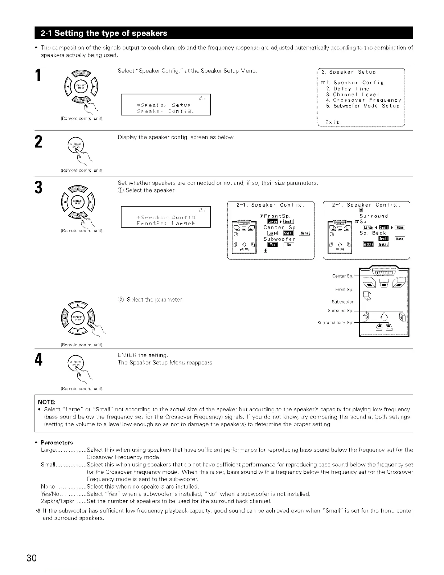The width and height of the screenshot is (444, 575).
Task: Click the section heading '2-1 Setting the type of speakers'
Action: pyautogui.click(x=104, y=33)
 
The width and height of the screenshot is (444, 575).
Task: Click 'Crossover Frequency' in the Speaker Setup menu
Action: pyautogui.click(x=367, y=100)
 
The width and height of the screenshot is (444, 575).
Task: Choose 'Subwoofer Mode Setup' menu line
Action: pyautogui.click(x=366, y=106)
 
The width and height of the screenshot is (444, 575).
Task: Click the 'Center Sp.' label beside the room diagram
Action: pyautogui.click(x=342, y=276)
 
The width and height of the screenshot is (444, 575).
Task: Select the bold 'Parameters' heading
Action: pyautogui.click(x=57, y=443)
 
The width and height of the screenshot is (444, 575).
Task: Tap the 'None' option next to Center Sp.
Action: pyautogui.click(x=305, y=233)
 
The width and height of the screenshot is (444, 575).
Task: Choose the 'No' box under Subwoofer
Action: pyautogui.click(x=289, y=245)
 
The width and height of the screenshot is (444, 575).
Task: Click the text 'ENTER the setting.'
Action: pyautogui.click(x=143, y=355)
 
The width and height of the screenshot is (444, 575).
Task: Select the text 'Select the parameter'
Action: pyautogui.click(x=153, y=299)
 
